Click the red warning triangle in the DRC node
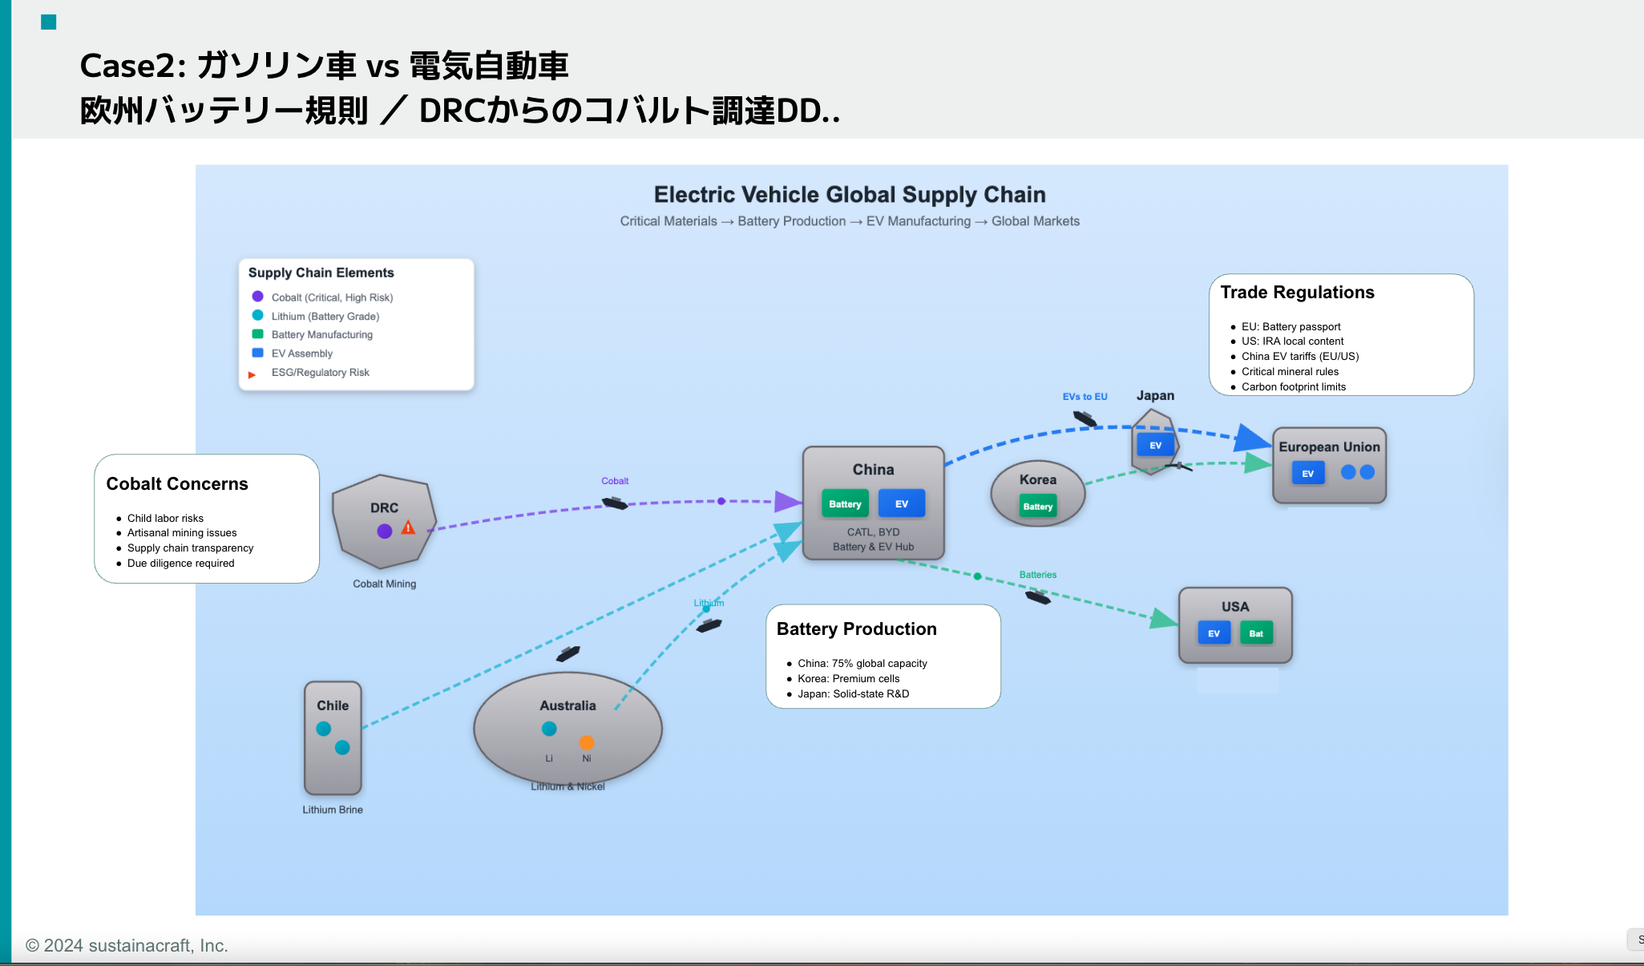click(408, 527)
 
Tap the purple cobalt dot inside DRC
click(385, 531)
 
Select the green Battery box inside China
click(845, 503)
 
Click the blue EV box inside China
click(902, 503)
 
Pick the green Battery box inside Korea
click(1038, 506)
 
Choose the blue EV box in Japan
click(1155, 445)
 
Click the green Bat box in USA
click(1256, 633)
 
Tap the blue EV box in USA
click(1214, 633)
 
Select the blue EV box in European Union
click(1307, 473)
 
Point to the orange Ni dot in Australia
click(587, 742)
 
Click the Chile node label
click(333, 705)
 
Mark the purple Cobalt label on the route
click(615, 481)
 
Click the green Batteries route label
click(1038, 575)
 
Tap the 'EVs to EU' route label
click(1085, 397)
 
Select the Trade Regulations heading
click(1297, 293)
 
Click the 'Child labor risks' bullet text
click(165, 518)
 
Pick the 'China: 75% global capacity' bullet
click(862, 663)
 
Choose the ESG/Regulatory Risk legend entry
click(320, 373)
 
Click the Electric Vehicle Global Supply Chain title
click(850, 195)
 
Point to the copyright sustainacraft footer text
click(127, 945)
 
